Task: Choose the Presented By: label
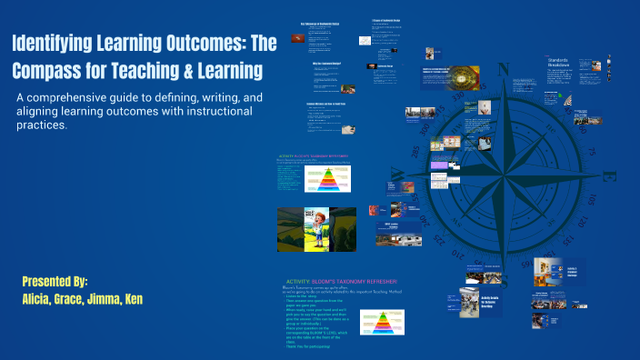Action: [x=55, y=281]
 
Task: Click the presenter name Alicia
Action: [x=42, y=298]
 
